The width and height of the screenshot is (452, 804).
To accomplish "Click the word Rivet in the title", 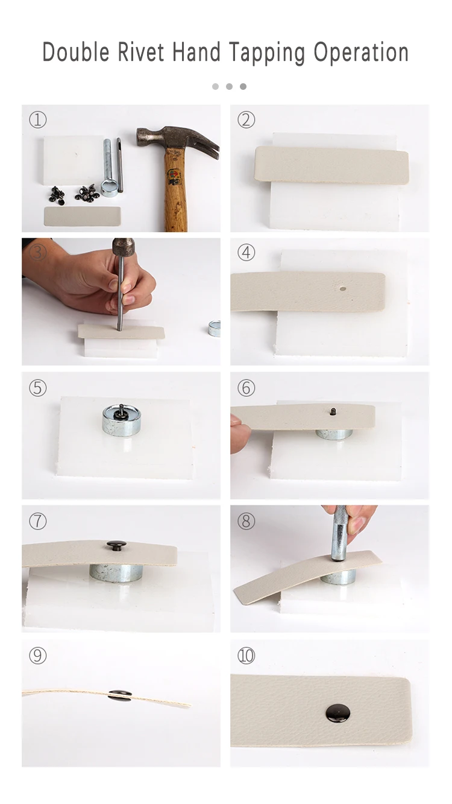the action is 140,52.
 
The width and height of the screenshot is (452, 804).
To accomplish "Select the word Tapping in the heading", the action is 267,54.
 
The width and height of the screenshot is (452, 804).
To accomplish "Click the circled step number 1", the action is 37,119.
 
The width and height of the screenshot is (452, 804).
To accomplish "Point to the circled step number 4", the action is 246,253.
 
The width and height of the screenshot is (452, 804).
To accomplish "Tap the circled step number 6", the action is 246,388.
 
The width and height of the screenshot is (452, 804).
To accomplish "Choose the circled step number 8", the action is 246,521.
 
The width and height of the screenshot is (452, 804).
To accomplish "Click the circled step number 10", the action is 246,656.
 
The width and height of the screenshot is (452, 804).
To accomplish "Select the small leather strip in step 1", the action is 82,216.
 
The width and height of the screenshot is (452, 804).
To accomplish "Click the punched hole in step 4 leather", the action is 343,288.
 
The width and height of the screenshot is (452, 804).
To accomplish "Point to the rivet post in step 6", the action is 333,411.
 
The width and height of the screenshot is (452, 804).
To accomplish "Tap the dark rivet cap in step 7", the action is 116,545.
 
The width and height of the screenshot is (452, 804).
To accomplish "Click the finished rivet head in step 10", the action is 338,713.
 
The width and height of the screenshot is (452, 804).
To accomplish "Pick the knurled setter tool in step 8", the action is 338,533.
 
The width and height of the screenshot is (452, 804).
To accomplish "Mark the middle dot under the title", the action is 229,86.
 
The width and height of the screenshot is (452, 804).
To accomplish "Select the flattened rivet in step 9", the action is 120,695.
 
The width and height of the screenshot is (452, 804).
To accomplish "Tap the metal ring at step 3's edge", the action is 215,329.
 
